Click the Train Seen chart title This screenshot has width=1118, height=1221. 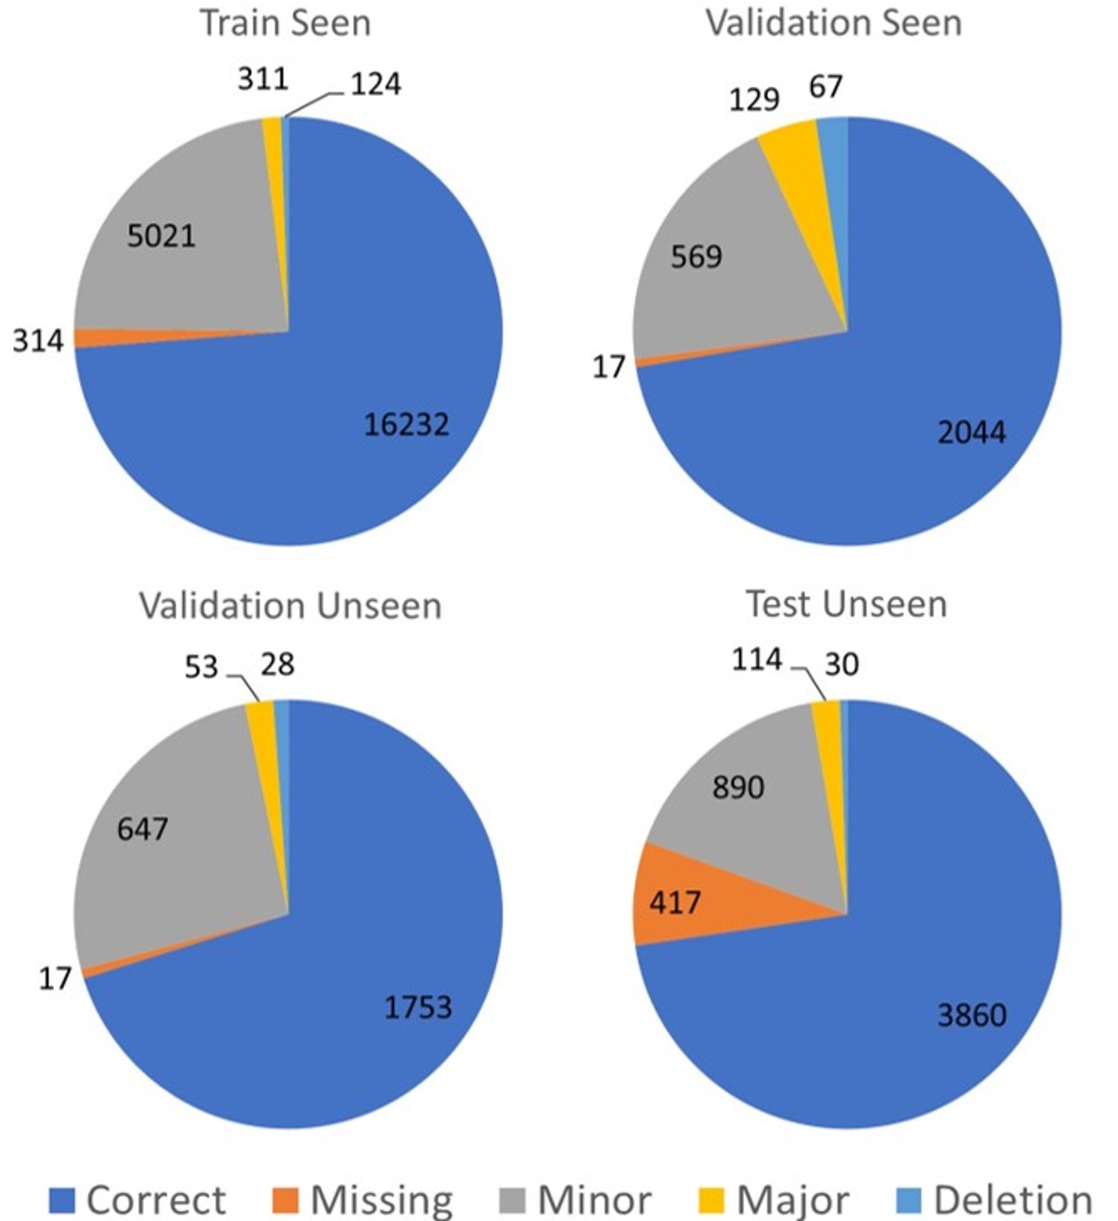point(285,23)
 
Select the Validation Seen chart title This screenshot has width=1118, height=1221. point(834,23)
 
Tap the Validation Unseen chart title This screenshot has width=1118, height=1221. point(290,606)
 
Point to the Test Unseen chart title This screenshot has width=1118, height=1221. point(846,604)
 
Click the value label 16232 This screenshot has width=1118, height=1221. point(407,425)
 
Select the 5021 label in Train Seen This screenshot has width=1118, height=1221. point(161,236)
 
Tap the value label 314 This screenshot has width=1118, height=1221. point(38,341)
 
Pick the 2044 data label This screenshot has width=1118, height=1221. point(972,433)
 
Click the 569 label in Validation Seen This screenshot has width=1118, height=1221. point(697,257)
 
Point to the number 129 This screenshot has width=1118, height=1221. point(754,100)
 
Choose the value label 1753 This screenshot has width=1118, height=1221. point(418,1008)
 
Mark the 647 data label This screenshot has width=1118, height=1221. point(143,828)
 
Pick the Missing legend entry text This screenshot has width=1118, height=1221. point(382,1200)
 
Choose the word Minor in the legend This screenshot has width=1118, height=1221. point(594,1200)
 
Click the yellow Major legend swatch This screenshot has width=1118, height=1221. point(711,1200)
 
